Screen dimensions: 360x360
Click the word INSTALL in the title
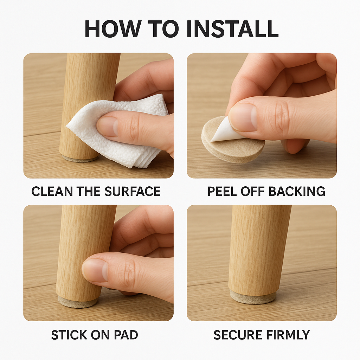coord(233,29)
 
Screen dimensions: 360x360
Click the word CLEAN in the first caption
coord(52,191)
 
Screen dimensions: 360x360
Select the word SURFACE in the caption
coord(133,191)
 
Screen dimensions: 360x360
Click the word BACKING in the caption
coord(297,191)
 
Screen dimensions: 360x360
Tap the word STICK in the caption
coord(69,335)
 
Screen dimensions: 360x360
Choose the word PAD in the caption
coord(126,335)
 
